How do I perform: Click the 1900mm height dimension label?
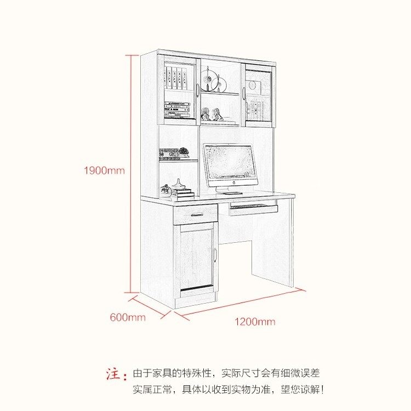[104, 170]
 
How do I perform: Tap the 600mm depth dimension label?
[128, 317]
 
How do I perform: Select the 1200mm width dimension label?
[255, 321]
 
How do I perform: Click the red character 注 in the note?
[113, 374]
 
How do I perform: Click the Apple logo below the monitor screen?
[231, 181]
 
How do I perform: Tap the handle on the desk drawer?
[195, 214]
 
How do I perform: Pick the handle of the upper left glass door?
[197, 90]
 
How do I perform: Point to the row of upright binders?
[177, 78]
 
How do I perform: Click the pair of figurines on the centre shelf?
[210, 115]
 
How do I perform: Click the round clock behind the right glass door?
[253, 85]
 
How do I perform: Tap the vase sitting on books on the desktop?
[179, 185]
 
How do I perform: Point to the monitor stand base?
[232, 193]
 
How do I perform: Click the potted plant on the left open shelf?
[184, 151]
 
